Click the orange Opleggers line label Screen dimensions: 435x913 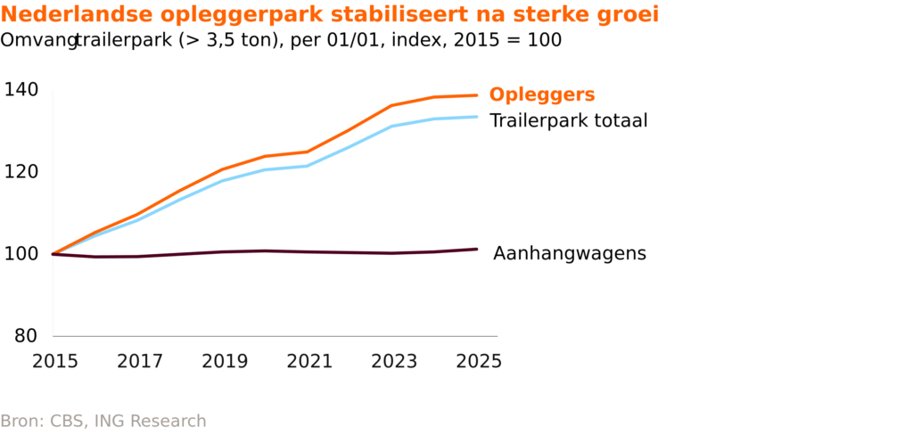tap(542, 95)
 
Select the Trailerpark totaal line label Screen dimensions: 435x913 tap(569, 120)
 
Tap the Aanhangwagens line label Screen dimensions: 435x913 tap(570, 254)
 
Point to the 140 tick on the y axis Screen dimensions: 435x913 tap(21, 89)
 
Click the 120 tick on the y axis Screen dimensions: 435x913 tap(21, 171)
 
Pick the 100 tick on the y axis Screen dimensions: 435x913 tap(21, 254)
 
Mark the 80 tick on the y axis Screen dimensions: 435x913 tap(27, 336)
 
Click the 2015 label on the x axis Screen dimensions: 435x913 tap(55, 361)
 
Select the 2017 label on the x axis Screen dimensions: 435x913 tap(140, 361)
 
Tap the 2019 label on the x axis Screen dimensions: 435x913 tap(225, 361)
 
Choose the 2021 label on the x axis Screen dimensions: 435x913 tap(309, 361)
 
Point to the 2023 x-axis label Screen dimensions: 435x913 tap(394, 361)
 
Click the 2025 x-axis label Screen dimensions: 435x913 tap(479, 361)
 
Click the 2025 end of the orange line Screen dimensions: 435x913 tap(477, 95)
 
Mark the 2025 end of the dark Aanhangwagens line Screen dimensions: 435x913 tap(477, 249)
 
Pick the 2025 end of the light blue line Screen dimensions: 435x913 tap(477, 117)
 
